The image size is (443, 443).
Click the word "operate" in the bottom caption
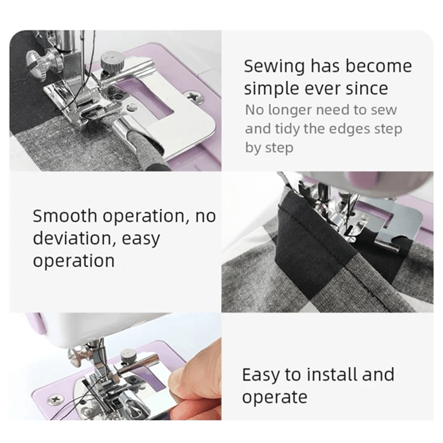(x=274, y=397)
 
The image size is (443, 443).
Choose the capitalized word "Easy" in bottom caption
(x=261, y=375)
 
